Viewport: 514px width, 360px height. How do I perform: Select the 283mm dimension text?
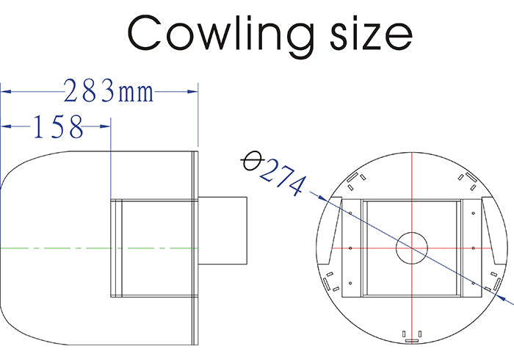(109, 92)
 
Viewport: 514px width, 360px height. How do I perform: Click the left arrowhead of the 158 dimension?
(6, 127)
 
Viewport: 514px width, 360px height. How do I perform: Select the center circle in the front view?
(412, 248)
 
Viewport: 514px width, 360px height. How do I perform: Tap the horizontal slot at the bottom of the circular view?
(412, 340)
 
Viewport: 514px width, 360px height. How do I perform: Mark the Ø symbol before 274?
(252, 161)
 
